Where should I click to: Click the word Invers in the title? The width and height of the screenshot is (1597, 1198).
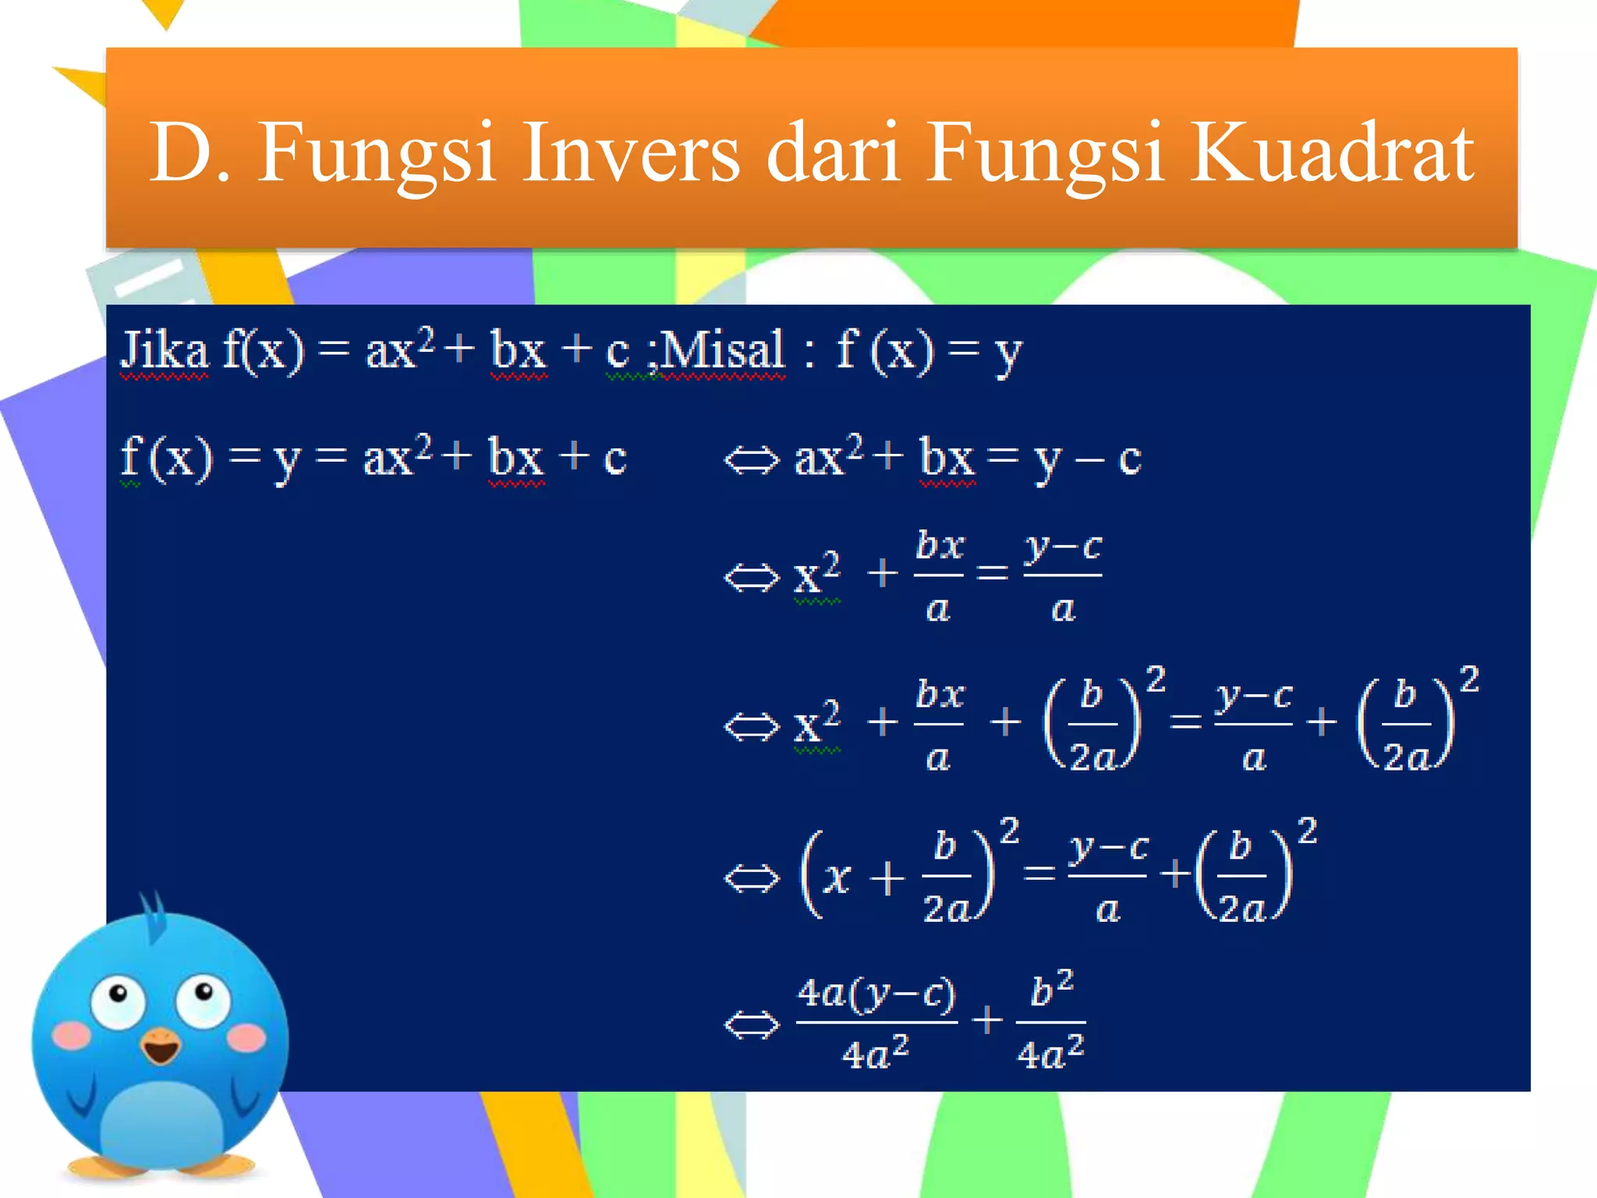point(630,153)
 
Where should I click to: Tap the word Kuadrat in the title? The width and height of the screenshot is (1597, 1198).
point(1332,153)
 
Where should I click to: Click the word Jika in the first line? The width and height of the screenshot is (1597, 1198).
point(165,350)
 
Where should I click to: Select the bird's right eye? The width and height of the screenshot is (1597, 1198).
point(203,998)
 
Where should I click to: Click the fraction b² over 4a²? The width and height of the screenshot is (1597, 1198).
point(1051,1022)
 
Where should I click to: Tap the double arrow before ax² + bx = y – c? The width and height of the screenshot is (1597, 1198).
point(751,459)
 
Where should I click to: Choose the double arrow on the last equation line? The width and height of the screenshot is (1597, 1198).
point(751,1024)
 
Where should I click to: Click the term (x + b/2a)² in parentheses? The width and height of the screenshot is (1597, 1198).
point(897,876)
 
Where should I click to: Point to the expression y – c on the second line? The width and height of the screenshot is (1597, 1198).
point(1088,459)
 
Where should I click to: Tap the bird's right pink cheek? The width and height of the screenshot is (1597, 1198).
point(248,1037)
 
